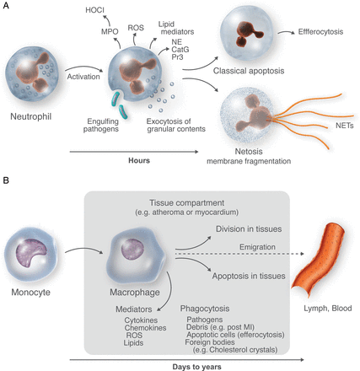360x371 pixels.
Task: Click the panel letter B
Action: (x=7, y=180)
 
